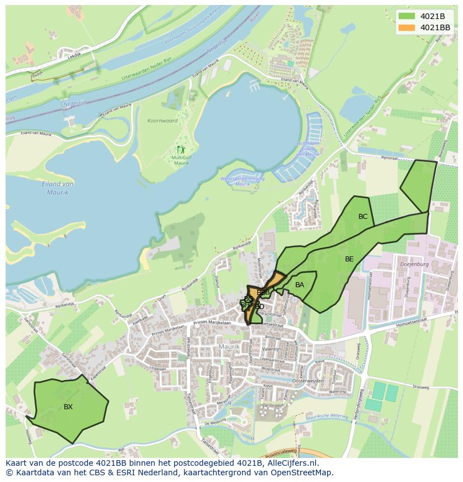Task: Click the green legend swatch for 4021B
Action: click(407, 16)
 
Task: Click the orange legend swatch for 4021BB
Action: click(407, 27)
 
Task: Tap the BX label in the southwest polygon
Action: click(68, 407)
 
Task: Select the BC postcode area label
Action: click(363, 217)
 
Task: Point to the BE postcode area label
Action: click(349, 259)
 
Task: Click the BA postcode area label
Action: click(300, 285)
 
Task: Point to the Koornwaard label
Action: click(163, 121)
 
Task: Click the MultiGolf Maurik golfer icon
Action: click(180, 149)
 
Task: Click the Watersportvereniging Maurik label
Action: click(243, 181)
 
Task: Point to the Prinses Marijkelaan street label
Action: click(211, 323)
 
